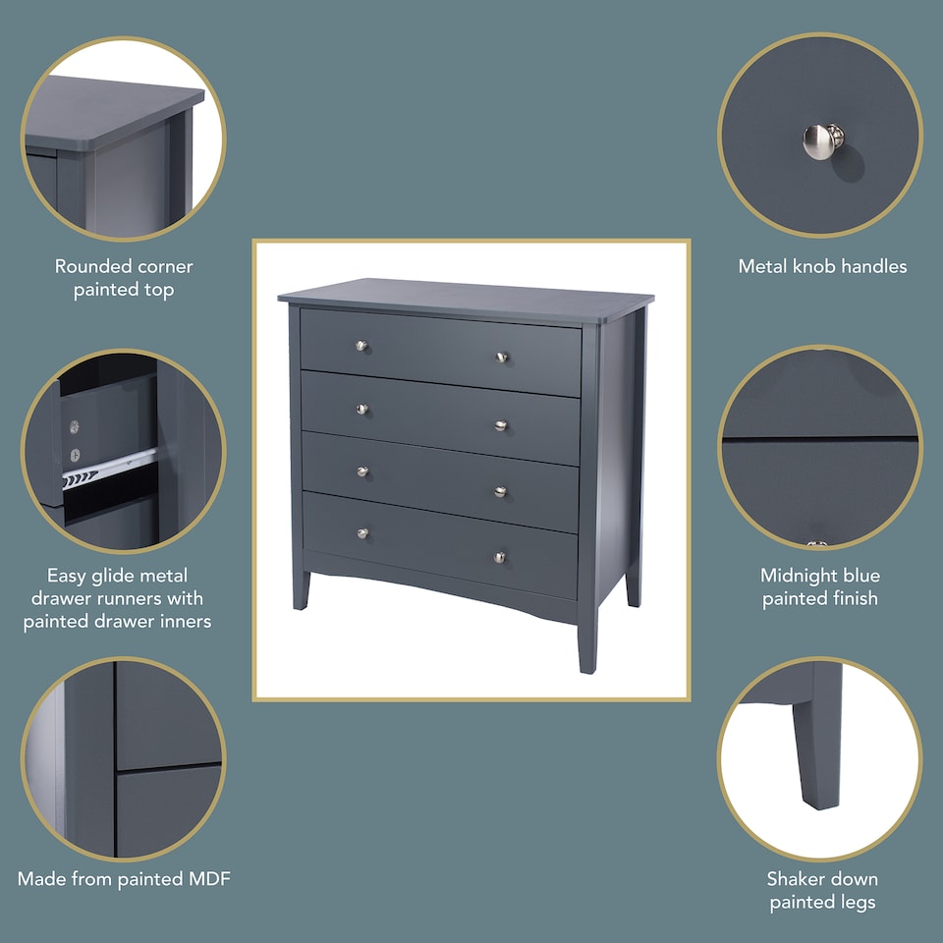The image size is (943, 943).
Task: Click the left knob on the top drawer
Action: [x=361, y=346]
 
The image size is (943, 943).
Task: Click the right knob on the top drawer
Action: [x=500, y=357]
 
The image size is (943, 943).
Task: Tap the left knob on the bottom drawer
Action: [x=361, y=533]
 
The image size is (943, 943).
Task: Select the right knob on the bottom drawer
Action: [x=499, y=557]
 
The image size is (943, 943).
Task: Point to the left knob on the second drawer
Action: [x=361, y=409]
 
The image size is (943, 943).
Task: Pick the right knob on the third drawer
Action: [x=500, y=491]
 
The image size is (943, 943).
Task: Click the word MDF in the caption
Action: [x=208, y=879]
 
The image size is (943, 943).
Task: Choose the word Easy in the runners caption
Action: [x=67, y=576]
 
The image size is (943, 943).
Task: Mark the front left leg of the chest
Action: [x=300, y=589]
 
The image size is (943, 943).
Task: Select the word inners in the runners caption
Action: [x=186, y=621]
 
